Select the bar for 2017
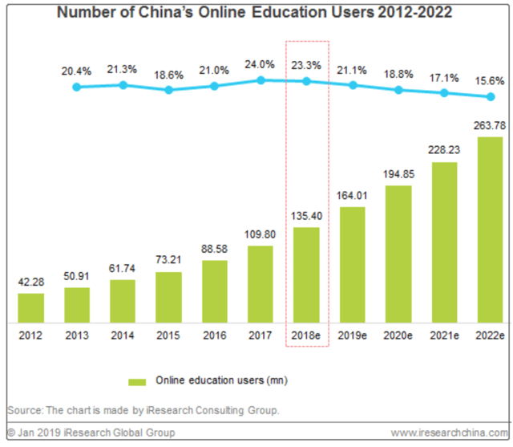click(x=260, y=284)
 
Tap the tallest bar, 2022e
click(x=490, y=230)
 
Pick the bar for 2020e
click(x=398, y=254)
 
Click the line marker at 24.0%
click(x=261, y=80)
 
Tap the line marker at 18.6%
click(x=168, y=90)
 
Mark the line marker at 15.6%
click(x=490, y=97)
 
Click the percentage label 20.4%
click(x=77, y=71)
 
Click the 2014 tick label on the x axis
click(x=123, y=335)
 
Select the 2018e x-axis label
click(x=306, y=335)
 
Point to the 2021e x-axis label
click(x=443, y=335)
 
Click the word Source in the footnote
click(x=23, y=411)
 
